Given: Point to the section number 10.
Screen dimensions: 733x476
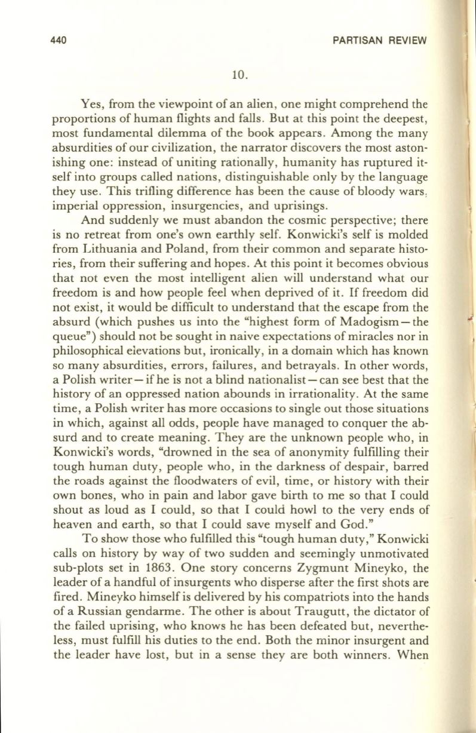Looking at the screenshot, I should click(239, 75).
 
